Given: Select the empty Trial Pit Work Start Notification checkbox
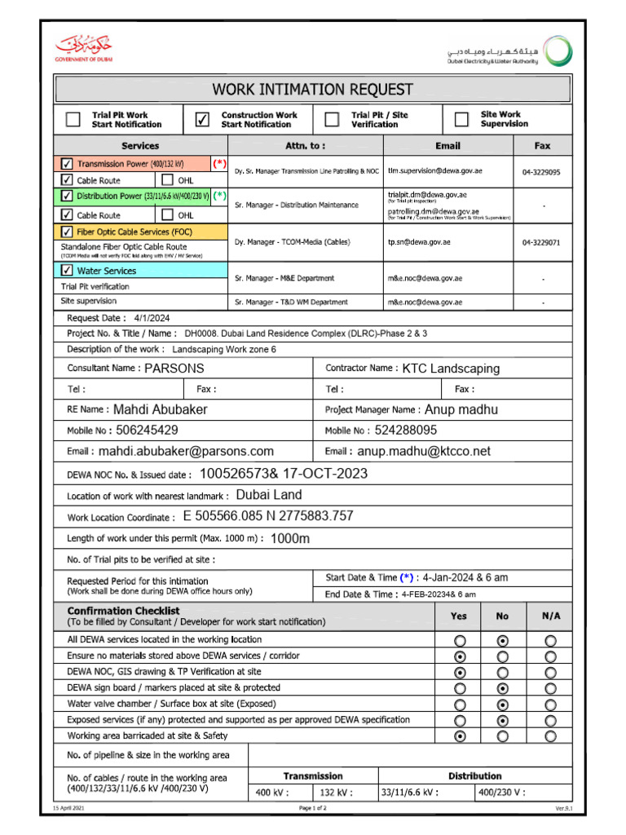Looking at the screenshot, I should (73, 120).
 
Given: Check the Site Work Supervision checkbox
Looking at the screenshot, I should (461, 120).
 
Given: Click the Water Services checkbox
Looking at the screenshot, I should (67, 270).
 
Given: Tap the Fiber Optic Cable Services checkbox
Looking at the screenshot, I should (67, 232).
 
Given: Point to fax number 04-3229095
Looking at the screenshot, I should (541, 172).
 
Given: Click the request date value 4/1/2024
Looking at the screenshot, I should (152, 318).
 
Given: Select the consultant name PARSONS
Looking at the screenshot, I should (174, 369).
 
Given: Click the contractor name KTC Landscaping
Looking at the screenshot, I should (451, 369).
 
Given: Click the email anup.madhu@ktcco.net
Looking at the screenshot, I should (424, 451).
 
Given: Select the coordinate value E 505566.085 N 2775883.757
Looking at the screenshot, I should (268, 516).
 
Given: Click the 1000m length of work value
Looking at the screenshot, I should (290, 538).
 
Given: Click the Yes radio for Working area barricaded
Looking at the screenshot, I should (461, 736).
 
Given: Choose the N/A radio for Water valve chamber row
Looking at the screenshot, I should (551, 704).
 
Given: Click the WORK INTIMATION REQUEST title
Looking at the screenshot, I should (313, 89).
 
